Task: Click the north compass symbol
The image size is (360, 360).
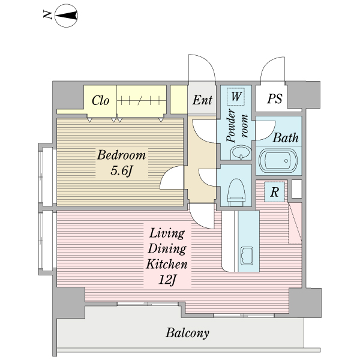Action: (66, 16)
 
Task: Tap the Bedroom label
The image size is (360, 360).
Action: (121, 155)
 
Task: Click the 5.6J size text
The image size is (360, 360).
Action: (122, 170)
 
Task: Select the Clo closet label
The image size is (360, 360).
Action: (100, 100)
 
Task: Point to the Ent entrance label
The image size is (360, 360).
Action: (202, 100)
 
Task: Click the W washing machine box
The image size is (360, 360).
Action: (236, 97)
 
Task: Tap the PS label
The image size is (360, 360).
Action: (275, 98)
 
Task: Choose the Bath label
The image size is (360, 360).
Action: (286, 138)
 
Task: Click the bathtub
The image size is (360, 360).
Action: (278, 160)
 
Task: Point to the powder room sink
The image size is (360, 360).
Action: (241, 152)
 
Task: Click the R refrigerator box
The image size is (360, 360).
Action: (275, 192)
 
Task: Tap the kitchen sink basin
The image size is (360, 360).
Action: (247, 256)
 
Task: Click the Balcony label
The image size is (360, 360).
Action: (187, 332)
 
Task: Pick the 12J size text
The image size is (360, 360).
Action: (167, 280)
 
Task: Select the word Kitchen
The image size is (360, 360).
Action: (167, 264)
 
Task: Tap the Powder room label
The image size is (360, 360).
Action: (237, 125)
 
